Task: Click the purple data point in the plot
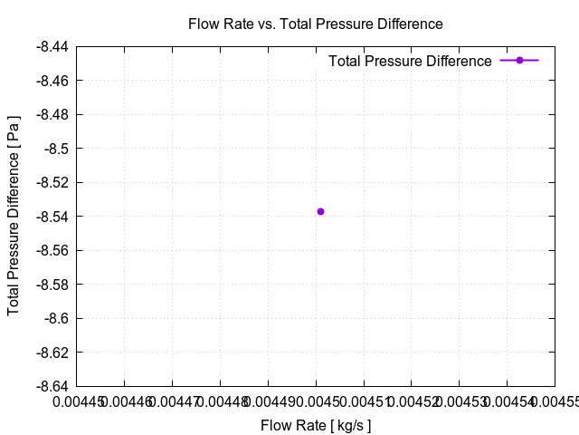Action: (320, 211)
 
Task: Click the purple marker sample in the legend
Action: (519, 60)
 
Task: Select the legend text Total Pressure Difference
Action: (410, 61)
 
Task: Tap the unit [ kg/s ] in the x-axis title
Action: (348, 425)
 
